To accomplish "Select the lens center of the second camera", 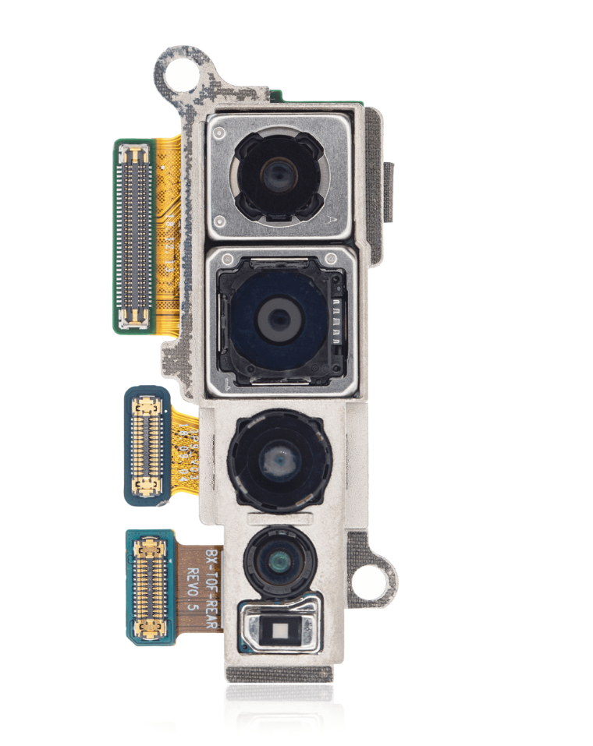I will click(276, 316).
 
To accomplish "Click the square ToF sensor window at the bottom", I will click(280, 625).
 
